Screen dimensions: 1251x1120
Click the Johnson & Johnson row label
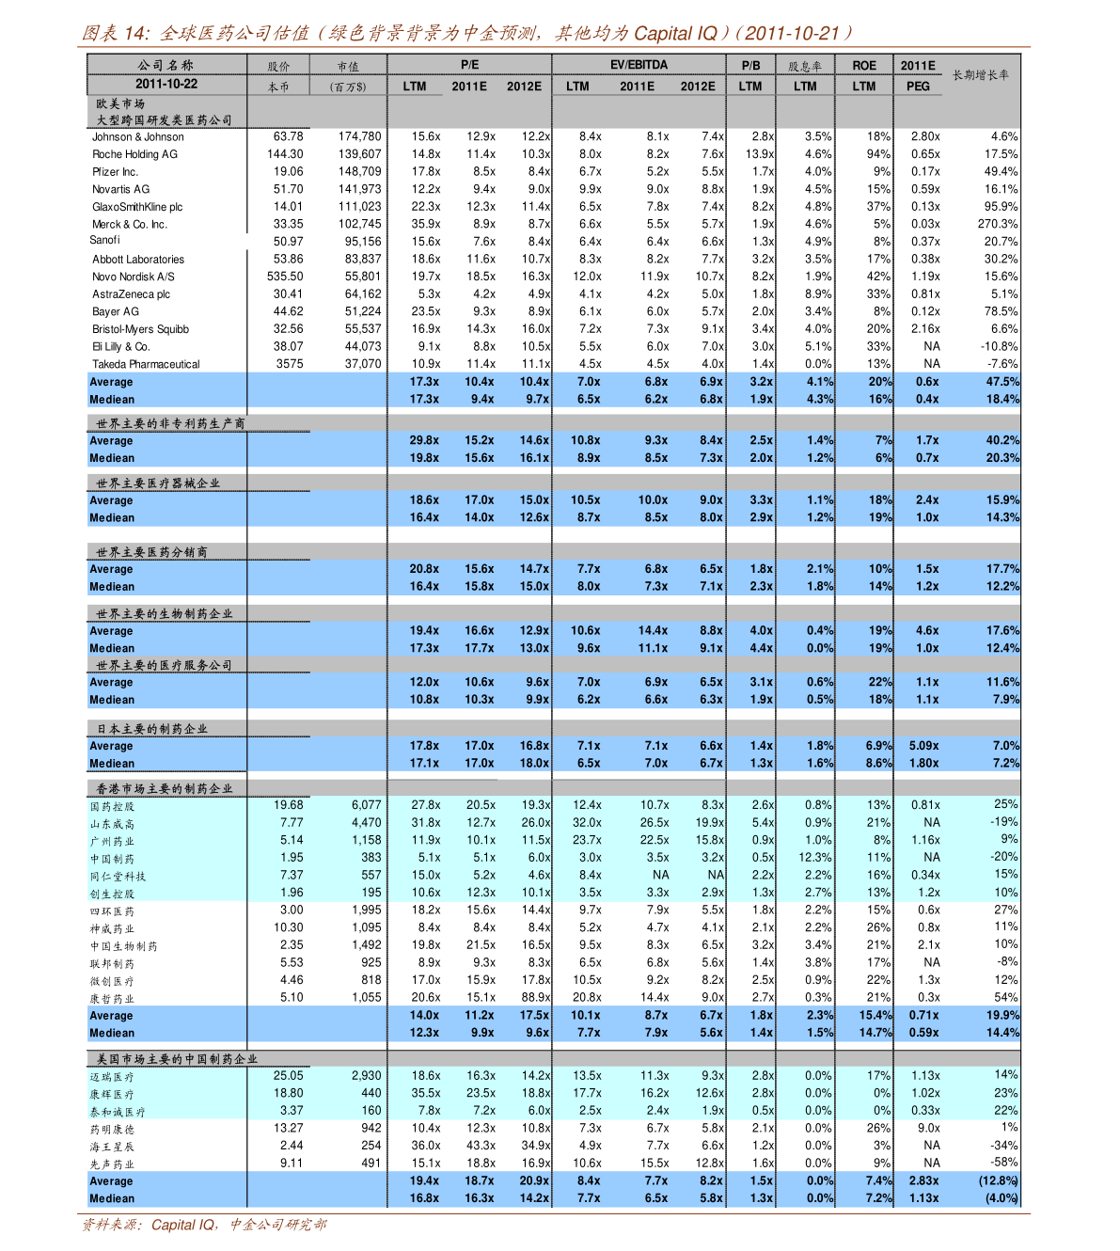[137, 137]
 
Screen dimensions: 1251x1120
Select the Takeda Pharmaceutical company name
[146, 365]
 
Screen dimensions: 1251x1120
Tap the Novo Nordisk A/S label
[133, 277]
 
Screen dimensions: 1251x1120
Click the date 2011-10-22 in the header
[166, 85]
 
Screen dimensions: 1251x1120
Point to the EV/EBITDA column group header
[639, 65]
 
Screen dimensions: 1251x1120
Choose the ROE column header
[864, 66]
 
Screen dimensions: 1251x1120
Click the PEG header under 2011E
[918, 87]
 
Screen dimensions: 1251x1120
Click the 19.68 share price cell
[289, 805]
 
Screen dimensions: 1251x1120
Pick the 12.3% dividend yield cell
[814, 858]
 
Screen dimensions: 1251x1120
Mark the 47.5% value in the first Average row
[1002, 382]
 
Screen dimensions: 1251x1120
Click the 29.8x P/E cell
[424, 440]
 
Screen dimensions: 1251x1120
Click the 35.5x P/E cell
[425, 1094]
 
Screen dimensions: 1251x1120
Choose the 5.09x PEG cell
[923, 746]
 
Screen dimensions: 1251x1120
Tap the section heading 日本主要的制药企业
[152, 729]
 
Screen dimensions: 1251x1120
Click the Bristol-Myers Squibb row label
[140, 330]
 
